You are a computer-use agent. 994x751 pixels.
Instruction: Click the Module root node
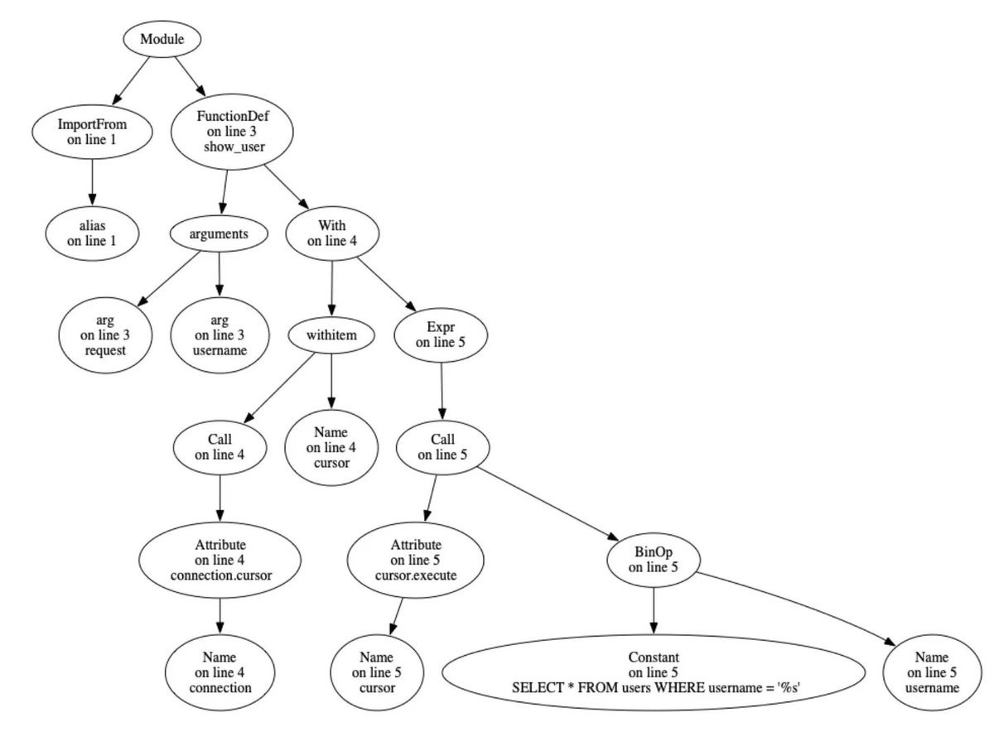[x=162, y=40]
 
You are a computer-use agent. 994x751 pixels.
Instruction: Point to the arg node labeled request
[x=104, y=335]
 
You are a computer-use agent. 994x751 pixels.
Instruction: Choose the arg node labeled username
[x=220, y=335]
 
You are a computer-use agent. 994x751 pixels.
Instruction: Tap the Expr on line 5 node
[x=440, y=334]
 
